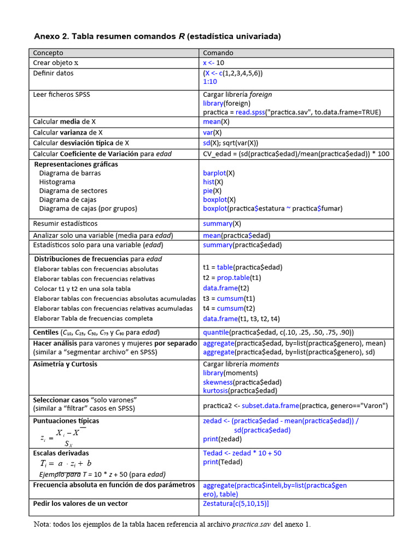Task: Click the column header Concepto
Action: [48, 53]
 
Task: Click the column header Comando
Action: [218, 53]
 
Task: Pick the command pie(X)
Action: [212, 191]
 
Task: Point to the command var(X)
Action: [212, 132]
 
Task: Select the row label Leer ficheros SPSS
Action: [61, 95]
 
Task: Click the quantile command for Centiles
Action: [278, 332]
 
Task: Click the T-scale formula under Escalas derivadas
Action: [66, 463]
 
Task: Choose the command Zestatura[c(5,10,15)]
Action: [236, 504]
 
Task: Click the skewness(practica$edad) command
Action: [242, 382]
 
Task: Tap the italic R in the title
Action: [181, 37]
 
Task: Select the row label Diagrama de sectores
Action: [73, 191]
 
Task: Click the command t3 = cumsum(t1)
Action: [229, 299]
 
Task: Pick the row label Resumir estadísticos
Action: [65, 224]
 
